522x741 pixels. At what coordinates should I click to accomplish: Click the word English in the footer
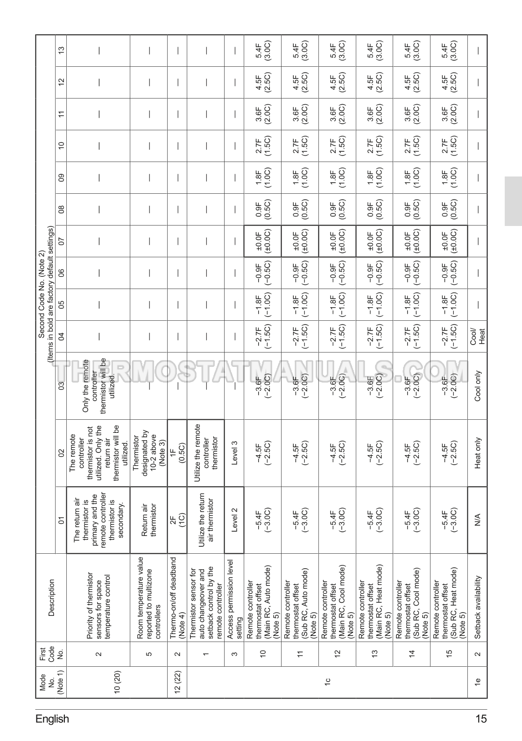(x=52, y=719)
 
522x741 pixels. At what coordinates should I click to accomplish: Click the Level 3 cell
(x=234, y=452)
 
